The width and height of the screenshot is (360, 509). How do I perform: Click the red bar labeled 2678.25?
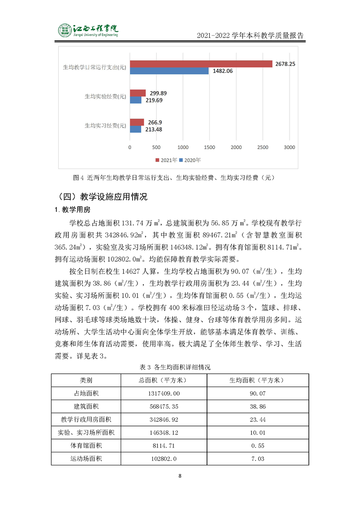[201, 64]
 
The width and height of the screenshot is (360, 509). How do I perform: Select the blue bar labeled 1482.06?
[169, 71]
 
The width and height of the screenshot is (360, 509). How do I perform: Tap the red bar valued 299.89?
[138, 93]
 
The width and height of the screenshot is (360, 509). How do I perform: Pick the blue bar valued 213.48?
[135, 129]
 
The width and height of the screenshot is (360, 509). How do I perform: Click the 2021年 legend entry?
[167, 160]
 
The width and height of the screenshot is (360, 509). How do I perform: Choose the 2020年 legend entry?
[191, 160]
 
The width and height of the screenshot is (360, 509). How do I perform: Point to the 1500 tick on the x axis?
[210, 147]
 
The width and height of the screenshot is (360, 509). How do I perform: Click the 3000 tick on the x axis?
[289, 147]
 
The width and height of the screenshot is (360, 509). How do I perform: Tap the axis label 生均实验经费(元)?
[105, 97]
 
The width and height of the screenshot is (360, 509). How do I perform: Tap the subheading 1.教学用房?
[73, 210]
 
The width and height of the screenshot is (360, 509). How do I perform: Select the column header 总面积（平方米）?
[165, 380]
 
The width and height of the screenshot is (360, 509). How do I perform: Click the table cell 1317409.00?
[165, 393]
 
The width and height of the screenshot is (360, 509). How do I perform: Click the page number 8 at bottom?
[180, 476]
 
